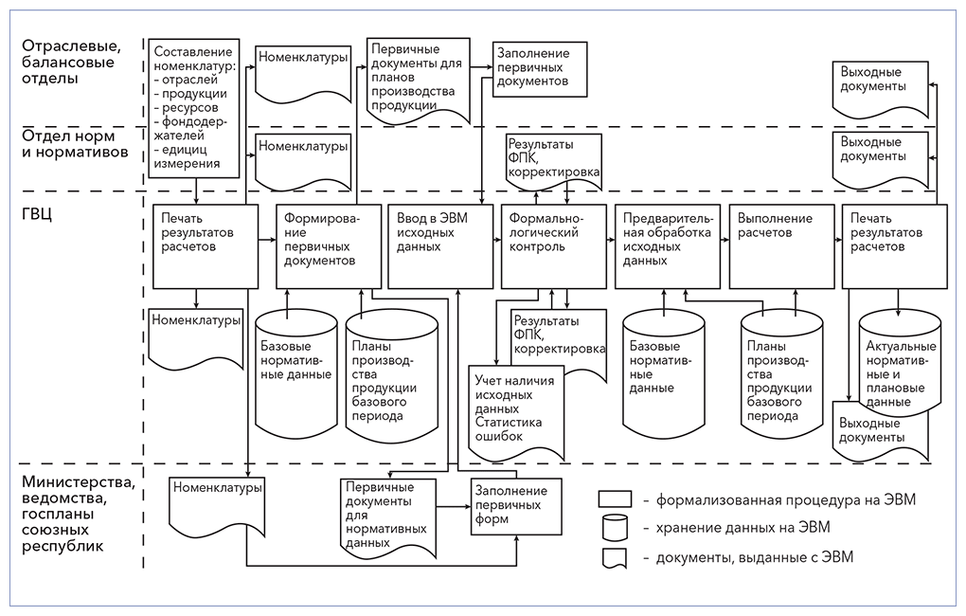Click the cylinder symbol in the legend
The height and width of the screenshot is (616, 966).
tap(616, 529)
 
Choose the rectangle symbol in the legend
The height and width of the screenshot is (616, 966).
tap(616, 498)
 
